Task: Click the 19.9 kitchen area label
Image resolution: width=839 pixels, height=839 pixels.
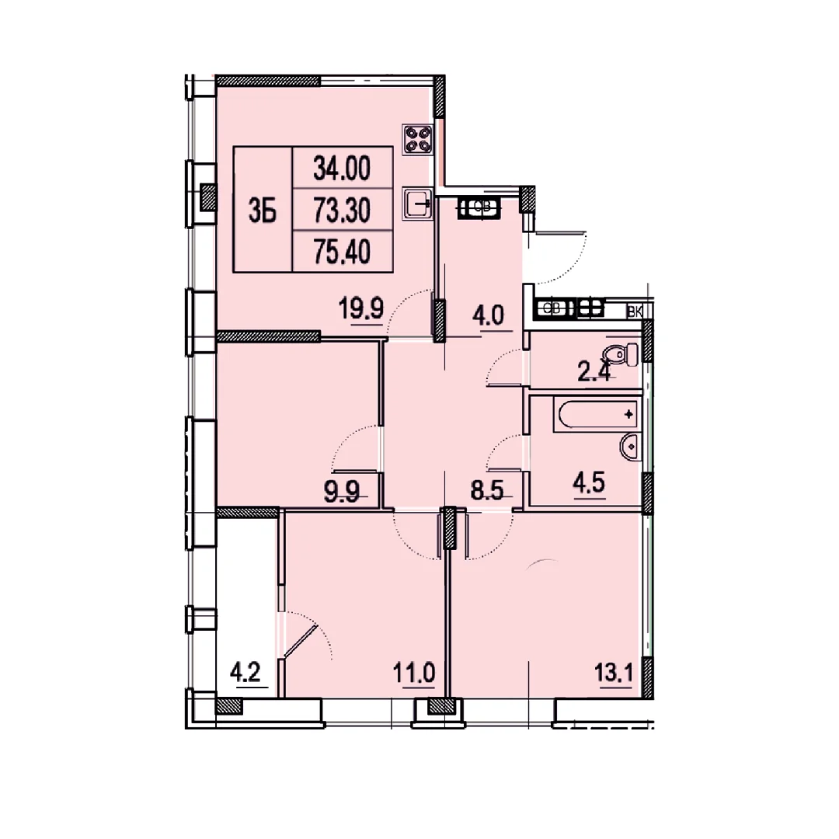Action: point(361,308)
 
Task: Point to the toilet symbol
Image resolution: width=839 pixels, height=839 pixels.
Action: point(621,353)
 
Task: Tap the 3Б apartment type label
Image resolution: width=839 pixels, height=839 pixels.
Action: point(263,211)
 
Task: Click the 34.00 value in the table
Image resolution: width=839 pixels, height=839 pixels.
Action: point(342,169)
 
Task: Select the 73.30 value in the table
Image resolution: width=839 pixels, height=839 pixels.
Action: point(342,211)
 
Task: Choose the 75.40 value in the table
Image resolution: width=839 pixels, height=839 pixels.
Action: point(342,252)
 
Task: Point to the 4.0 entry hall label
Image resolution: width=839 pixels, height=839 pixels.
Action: point(488,315)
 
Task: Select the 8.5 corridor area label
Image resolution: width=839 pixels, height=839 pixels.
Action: point(487,490)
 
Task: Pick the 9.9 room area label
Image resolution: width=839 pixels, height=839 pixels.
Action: point(341,492)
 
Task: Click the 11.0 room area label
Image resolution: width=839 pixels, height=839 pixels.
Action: point(414,673)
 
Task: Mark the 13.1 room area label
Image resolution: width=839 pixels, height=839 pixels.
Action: point(614,673)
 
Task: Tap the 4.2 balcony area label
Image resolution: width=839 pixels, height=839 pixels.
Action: point(245,671)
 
